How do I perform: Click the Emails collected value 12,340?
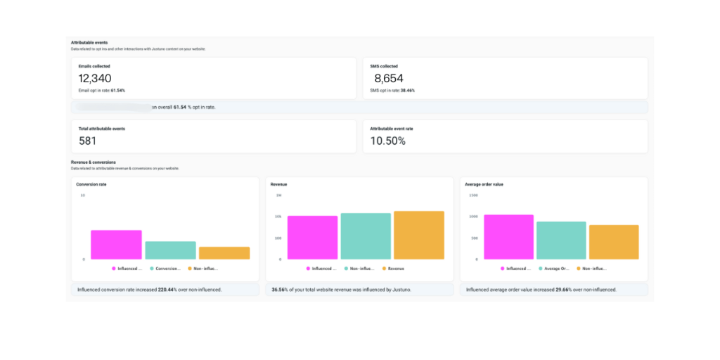point(95,79)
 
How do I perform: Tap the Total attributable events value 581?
point(88,141)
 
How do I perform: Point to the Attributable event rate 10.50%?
point(388,141)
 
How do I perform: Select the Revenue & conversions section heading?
point(94,162)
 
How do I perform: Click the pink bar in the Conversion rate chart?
point(116,245)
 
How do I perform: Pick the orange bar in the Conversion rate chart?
point(224,253)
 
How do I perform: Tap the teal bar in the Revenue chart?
point(366,236)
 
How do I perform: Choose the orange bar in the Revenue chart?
point(419,236)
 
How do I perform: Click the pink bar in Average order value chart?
point(508,237)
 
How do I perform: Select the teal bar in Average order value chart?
point(561,240)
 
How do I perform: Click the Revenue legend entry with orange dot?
point(395,269)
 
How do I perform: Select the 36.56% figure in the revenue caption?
point(281,290)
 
